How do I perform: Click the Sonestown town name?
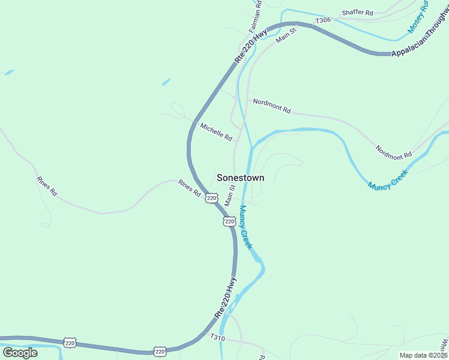coord(240,178)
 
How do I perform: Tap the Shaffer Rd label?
coord(357,13)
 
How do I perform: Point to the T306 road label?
coord(323,20)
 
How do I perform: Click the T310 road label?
coord(217,338)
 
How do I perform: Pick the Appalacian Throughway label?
coord(420,45)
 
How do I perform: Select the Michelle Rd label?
coord(216,132)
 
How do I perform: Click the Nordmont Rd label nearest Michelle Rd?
coord(272,106)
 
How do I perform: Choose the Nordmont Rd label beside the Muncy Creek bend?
coord(394,151)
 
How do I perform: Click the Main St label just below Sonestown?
coord(229,196)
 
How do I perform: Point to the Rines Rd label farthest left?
coord(46,187)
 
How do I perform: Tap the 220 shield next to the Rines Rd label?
coord(211,197)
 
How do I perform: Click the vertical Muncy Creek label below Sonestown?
coord(246,228)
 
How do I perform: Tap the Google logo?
coord(20,353)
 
